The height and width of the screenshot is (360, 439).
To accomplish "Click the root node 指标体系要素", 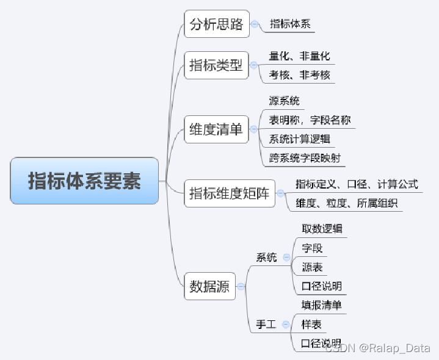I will [84, 181].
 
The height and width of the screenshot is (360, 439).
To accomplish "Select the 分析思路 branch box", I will [216, 24].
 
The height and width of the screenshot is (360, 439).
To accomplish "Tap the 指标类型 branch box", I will [216, 65].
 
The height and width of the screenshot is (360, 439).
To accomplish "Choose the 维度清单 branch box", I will [216, 129].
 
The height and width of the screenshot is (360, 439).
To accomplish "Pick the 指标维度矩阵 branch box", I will [230, 194].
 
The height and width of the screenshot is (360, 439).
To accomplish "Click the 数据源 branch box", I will [209, 286].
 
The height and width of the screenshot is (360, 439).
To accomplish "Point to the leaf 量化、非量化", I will [299, 56].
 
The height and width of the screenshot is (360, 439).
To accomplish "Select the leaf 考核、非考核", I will [299, 75].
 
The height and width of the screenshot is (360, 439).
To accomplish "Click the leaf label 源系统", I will [284, 101].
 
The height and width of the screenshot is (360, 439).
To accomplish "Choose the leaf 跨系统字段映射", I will [304, 158].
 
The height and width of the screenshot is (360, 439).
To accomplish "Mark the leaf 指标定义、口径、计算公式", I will [357, 184].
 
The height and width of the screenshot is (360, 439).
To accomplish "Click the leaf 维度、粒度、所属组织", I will [347, 203].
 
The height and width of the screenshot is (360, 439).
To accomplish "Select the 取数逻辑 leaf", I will [322, 229].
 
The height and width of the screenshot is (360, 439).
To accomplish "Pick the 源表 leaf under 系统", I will [312, 267].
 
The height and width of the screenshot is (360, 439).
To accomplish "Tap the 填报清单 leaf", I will [322, 305].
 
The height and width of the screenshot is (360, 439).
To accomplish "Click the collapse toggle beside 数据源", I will [241, 286].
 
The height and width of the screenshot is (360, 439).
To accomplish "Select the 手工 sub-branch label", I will [266, 325].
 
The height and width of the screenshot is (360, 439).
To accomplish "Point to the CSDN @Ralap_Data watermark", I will [377, 348].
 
